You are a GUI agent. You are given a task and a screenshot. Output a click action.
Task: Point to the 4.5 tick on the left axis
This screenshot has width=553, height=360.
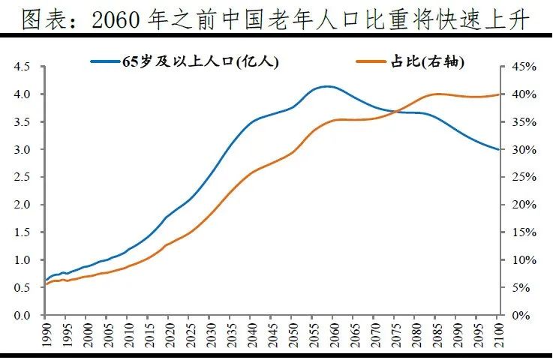[21, 67]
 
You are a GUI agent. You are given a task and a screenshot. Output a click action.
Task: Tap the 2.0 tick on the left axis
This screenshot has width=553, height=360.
[21, 205]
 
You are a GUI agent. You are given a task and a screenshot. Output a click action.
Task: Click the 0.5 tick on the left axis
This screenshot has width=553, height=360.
[21, 288]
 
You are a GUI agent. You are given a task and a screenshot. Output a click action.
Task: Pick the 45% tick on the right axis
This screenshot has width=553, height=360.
[519, 67]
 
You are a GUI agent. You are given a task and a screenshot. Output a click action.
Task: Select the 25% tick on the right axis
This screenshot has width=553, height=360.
[519, 177]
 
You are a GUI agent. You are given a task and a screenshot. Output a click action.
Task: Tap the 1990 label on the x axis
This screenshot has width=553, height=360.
[46, 334]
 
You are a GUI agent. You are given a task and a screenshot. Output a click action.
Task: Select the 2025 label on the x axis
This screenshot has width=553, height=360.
[188, 334]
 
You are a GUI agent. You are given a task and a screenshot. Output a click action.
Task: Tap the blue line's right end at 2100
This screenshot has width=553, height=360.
[498, 149]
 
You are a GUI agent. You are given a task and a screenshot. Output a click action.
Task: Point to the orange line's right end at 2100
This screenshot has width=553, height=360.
[498, 94]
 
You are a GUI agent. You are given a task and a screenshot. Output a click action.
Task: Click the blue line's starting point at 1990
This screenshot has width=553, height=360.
[46, 280]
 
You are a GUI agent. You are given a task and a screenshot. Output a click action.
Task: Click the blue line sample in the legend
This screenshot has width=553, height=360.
[106, 62]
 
